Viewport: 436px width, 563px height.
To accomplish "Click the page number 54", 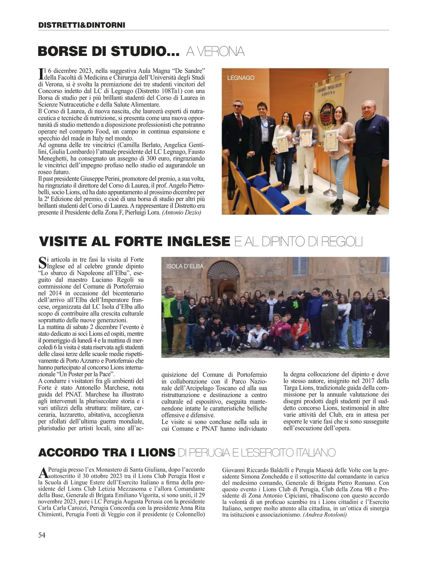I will [x=42, y=535].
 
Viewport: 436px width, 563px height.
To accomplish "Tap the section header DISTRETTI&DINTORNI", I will [x=81, y=25].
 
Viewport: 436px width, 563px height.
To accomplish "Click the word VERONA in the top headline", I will [x=215, y=52].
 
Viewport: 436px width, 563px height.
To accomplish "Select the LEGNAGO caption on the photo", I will [x=241, y=78].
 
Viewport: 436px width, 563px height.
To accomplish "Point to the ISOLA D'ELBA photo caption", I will [x=185, y=266].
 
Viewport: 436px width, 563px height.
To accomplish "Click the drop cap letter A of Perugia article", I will [x=43, y=473].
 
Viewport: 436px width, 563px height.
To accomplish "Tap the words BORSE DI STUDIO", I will [x=109, y=52].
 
